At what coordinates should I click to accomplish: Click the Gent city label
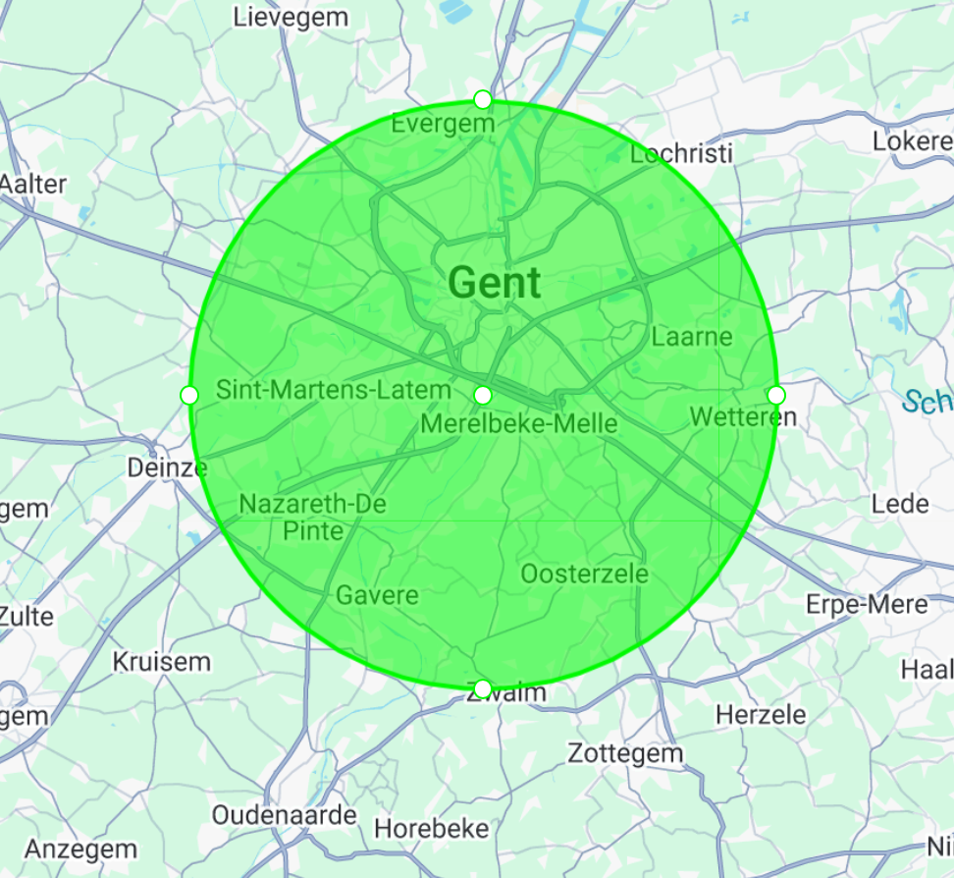pyautogui.click(x=495, y=283)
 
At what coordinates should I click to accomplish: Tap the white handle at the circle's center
pyautogui.click(x=483, y=395)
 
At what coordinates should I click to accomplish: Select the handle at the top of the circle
pyautogui.click(x=482, y=99)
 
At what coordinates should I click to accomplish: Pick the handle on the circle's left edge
pyautogui.click(x=189, y=395)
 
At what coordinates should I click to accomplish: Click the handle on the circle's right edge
pyautogui.click(x=776, y=395)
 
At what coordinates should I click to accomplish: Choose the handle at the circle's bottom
pyautogui.click(x=483, y=687)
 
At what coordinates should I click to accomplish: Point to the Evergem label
pyautogui.click(x=443, y=124)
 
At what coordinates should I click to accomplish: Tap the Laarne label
pyautogui.click(x=692, y=337)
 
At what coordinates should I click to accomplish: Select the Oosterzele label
pyautogui.click(x=585, y=574)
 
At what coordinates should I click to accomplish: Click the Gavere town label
pyautogui.click(x=377, y=595)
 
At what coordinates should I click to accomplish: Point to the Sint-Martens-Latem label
pyautogui.click(x=334, y=390)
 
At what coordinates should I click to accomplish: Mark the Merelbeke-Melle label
pyautogui.click(x=518, y=424)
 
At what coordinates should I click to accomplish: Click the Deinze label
pyautogui.click(x=167, y=467)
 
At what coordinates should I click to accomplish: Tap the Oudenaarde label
pyautogui.click(x=285, y=815)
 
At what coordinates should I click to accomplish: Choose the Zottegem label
pyautogui.click(x=625, y=754)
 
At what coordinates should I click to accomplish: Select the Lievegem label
pyautogui.click(x=291, y=17)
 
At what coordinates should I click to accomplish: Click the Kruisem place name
pyautogui.click(x=162, y=661)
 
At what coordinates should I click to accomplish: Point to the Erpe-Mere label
pyautogui.click(x=867, y=603)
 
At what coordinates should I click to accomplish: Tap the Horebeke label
pyautogui.click(x=432, y=829)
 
